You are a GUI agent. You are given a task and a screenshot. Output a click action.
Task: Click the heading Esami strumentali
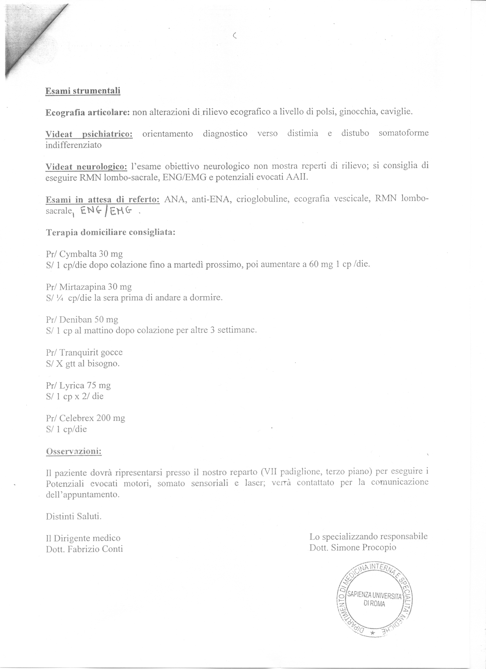pyautogui.click(x=83, y=91)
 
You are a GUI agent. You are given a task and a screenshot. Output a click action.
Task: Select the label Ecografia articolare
pyautogui.click(x=88, y=112)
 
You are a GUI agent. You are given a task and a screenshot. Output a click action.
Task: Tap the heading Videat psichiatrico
pyautogui.click(x=89, y=134)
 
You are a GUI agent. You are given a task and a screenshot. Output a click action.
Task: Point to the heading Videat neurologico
pyautogui.click(x=86, y=167)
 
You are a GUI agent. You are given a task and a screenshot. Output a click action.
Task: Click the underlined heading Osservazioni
pyautogui.click(x=74, y=451)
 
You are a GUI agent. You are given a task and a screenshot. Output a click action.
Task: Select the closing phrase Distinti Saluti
pyautogui.click(x=74, y=517)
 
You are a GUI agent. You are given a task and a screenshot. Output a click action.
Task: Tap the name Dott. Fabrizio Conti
pyautogui.click(x=84, y=549)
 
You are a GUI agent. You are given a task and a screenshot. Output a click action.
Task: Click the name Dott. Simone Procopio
pyautogui.click(x=353, y=547)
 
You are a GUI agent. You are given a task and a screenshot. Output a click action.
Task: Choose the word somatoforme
pyautogui.click(x=404, y=133)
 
